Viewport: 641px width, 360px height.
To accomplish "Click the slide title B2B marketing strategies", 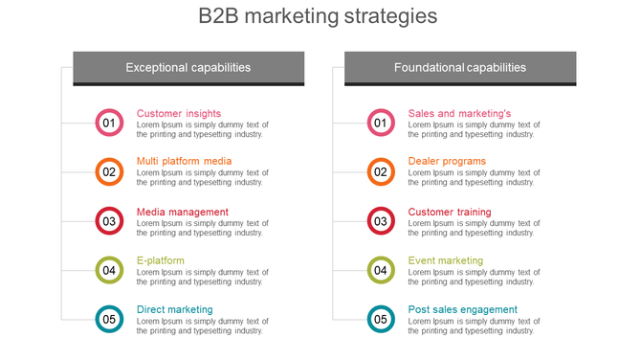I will [318, 16].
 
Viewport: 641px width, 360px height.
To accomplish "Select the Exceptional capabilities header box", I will [188, 68].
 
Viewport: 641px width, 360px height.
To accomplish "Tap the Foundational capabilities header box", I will [460, 68].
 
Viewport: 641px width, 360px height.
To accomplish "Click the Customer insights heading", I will [179, 113].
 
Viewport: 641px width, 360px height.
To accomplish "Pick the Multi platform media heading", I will [184, 161].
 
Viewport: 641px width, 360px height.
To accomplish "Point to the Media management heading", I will [183, 212].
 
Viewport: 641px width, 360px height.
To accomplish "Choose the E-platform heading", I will [161, 260].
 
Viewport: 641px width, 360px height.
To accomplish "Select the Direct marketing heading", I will [175, 309].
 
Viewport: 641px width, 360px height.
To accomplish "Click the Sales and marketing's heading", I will [459, 113].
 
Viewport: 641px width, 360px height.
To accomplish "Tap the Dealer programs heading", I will [447, 161].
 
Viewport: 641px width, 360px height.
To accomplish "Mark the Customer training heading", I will [450, 212].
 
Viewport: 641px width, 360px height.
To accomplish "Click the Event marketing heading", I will [446, 260].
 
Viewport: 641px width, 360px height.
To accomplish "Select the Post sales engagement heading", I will [462, 309].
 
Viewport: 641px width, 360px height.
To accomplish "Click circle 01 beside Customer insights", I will [109, 123].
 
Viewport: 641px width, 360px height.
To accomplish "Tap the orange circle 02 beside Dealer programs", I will [381, 172].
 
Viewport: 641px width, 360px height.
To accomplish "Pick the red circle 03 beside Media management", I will [109, 221].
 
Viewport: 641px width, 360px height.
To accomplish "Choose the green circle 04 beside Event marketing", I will [381, 270].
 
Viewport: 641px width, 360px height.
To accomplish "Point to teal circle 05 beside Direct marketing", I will [109, 319].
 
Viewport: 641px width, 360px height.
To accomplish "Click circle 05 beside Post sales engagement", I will [381, 319].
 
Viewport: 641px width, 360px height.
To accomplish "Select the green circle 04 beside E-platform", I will [109, 270].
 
